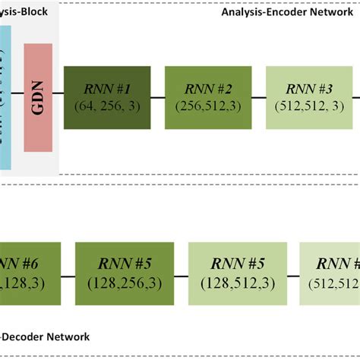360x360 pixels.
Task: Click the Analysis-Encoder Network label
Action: (x=289, y=12)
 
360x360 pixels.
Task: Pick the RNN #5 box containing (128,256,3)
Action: (x=125, y=273)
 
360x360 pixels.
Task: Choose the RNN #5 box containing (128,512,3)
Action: (x=238, y=273)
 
